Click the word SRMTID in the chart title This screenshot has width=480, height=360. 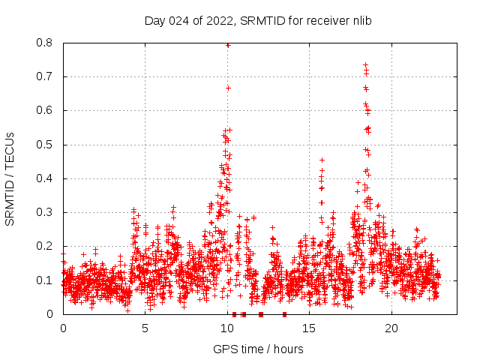point(263,21)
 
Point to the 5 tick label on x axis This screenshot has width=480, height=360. point(145,328)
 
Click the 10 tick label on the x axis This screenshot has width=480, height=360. point(227,328)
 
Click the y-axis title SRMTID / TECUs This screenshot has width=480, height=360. point(10,178)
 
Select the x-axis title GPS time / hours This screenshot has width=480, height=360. point(258,349)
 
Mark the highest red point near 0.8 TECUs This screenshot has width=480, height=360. point(228,45)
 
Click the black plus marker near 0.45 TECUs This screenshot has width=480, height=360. point(322,160)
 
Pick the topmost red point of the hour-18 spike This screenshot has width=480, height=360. point(365,64)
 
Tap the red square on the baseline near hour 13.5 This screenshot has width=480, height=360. point(284,314)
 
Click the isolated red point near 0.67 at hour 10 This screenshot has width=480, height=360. point(228,88)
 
